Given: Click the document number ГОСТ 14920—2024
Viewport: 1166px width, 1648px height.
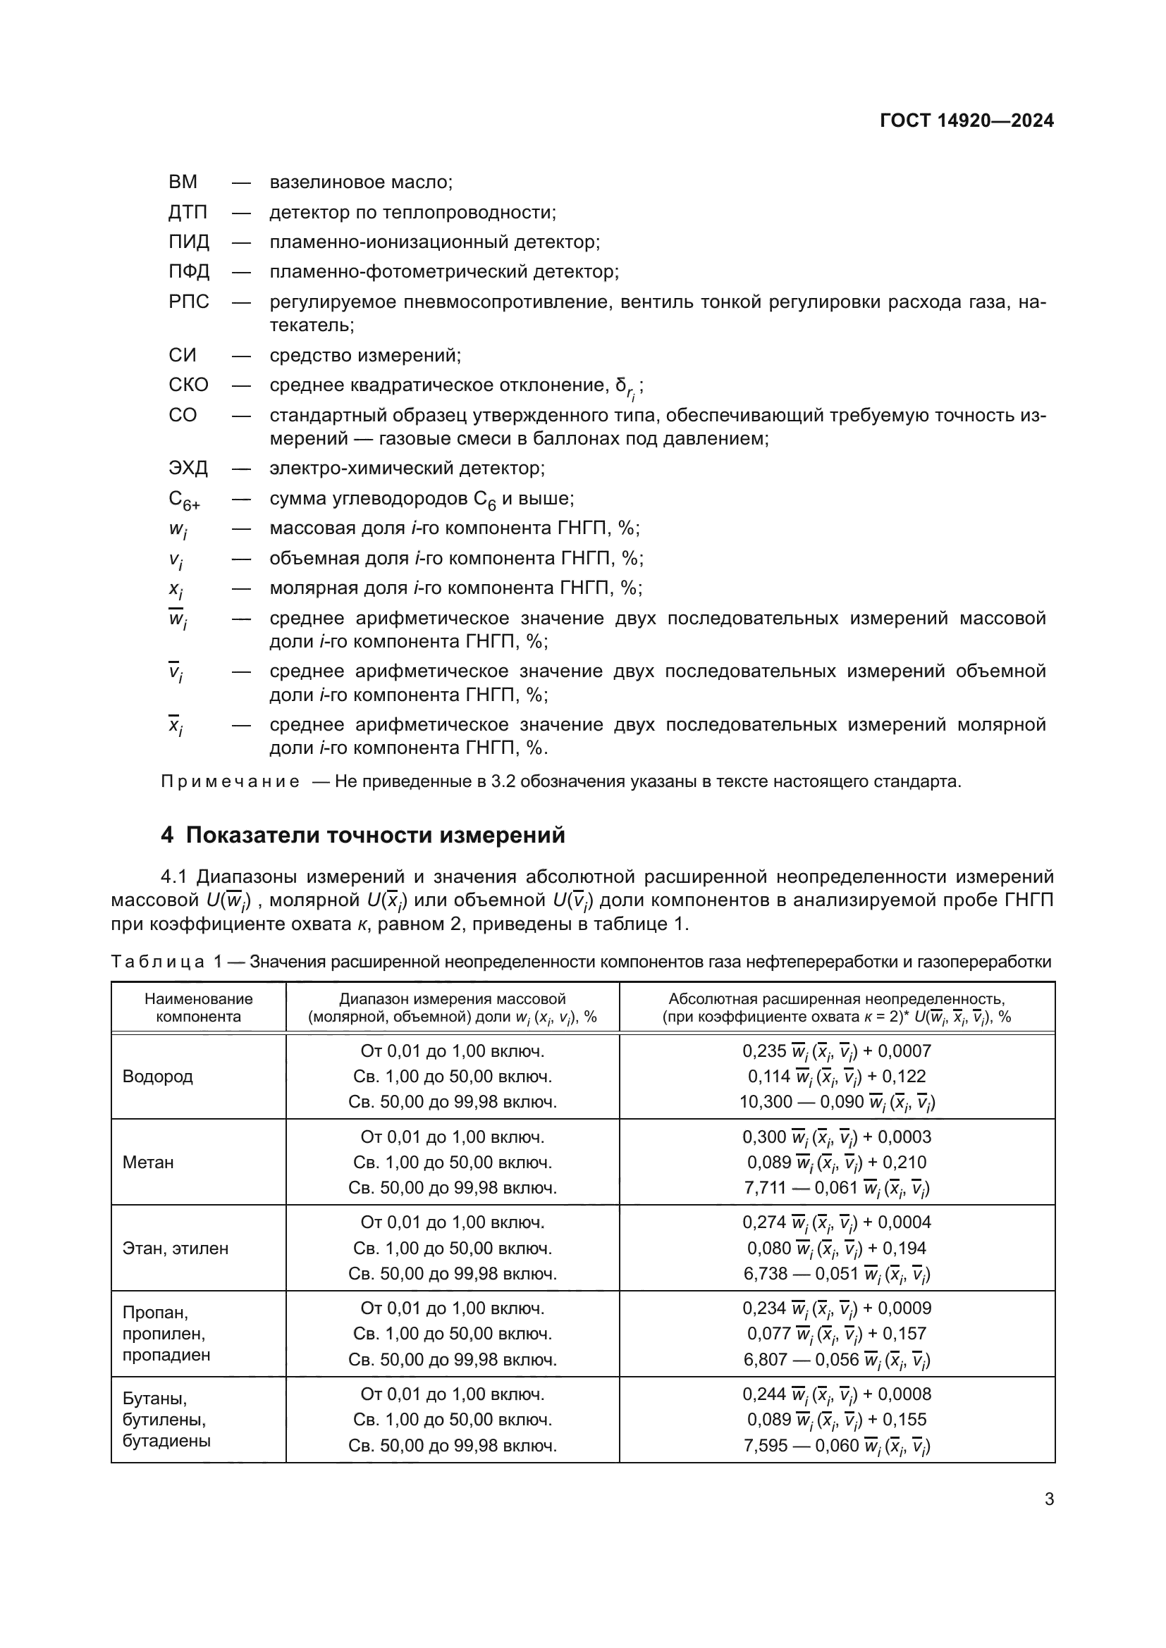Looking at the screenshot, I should pos(966,120).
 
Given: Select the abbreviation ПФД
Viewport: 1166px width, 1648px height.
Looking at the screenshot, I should pos(189,272).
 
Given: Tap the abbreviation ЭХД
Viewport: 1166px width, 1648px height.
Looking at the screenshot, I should pos(188,469).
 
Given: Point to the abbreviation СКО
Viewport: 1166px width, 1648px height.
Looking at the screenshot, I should pos(188,385).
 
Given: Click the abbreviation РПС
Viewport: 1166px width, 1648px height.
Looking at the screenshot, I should pos(188,302).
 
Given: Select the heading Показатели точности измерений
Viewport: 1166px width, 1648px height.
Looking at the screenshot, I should pos(376,836).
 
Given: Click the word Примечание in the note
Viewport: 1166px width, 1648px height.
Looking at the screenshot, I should pos(230,781).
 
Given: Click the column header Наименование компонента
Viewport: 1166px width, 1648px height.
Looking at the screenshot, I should pos(198,1008).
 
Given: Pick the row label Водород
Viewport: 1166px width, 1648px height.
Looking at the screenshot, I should pos(157,1077).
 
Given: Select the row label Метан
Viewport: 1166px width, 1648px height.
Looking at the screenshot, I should pos(148,1163).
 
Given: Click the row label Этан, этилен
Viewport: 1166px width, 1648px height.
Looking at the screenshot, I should pos(176,1249).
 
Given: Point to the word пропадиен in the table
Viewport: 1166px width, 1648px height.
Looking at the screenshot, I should pos(166,1355).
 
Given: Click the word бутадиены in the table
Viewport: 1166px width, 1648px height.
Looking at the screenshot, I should pos(166,1441).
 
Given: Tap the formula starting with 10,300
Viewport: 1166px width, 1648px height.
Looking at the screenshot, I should pos(837,1103).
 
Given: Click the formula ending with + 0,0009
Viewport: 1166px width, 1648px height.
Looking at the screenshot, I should pos(837,1308).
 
